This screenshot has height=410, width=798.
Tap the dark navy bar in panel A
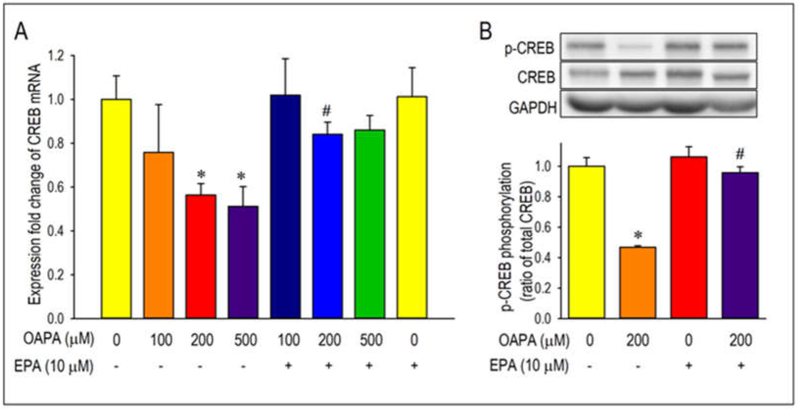[285, 206]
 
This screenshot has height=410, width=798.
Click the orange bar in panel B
[638, 282]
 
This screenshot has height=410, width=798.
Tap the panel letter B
[486, 32]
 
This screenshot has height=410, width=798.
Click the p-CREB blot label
[529, 49]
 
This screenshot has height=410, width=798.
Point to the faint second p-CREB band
[637, 47]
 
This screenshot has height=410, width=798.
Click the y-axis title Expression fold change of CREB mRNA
[35, 184]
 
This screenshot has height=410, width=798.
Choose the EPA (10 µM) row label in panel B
[529, 366]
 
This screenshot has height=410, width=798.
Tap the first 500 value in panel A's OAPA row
[245, 340]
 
